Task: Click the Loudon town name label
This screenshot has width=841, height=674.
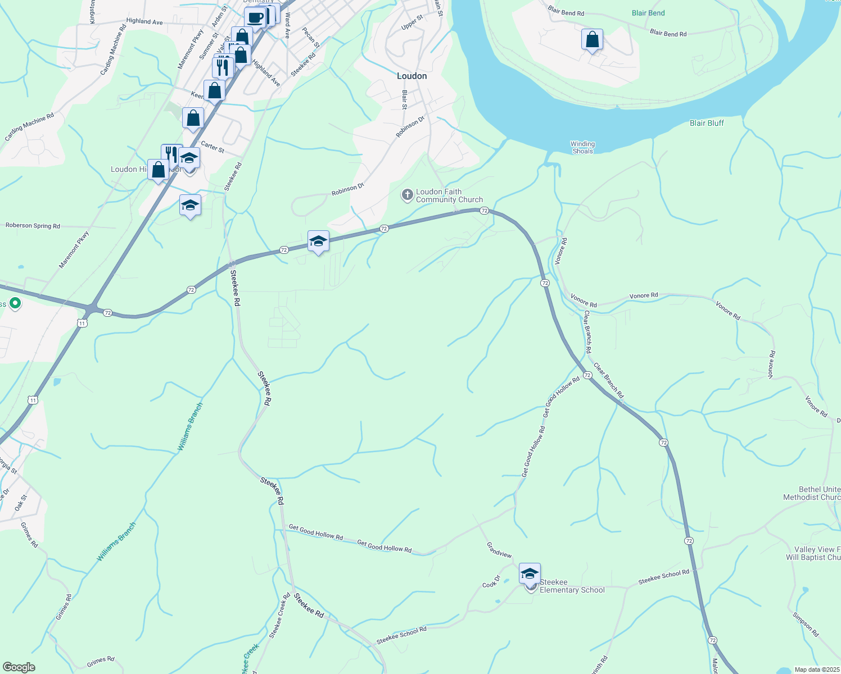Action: point(412,76)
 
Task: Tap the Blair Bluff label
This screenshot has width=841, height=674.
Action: point(707,123)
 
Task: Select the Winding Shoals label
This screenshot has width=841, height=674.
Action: point(582,147)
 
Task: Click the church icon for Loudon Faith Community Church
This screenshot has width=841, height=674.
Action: point(407,195)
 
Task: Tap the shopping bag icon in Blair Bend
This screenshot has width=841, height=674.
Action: point(592,40)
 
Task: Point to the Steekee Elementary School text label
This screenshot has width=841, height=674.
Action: point(572,586)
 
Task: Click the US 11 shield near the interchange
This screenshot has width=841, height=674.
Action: point(83,323)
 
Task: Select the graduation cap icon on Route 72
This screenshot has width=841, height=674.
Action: point(318,241)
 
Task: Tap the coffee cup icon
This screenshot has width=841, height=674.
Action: point(255,17)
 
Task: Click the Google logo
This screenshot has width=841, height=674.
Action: point(19,667)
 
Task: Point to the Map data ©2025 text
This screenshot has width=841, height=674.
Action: point(816,670)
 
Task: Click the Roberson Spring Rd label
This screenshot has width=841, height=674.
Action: point(33,226)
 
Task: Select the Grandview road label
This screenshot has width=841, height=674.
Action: point(499,550)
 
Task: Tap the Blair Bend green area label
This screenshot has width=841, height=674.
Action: point(648,13)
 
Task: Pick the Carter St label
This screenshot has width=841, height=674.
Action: point(212,147)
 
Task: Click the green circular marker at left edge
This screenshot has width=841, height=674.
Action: point(15,303)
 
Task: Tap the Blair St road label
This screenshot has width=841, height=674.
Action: point(404,99)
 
